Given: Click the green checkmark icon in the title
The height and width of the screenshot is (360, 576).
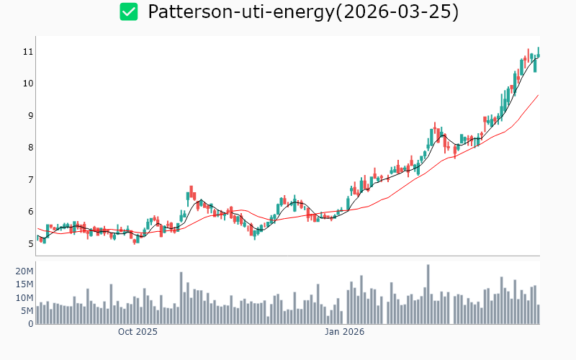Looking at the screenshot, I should (128, 12).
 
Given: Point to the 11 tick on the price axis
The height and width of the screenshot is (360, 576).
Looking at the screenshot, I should (28, 52).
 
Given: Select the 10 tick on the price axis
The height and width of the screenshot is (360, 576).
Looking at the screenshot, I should (28, 84).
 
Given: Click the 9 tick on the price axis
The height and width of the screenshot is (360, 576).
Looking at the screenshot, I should (30, 115).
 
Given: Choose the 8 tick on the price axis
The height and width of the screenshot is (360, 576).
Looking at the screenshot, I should (30, 148).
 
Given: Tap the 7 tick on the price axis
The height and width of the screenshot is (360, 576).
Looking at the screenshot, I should (30, 179).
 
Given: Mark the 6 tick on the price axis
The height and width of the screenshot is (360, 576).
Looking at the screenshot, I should (30, 212).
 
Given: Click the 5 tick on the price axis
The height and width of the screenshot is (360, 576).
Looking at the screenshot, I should (30, 243).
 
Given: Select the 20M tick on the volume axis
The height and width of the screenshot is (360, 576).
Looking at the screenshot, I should (24, 271).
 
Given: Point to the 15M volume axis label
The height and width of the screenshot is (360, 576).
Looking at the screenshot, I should (24, 284).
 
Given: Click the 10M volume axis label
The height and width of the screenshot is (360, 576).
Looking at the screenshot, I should (24, 297).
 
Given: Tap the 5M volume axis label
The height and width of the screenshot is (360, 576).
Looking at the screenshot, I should (27, 310).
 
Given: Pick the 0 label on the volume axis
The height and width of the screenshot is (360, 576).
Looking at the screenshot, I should (30, 323).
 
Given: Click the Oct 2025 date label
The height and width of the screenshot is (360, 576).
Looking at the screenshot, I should (138, 332).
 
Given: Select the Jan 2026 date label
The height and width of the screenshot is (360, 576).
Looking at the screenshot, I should (344, 332).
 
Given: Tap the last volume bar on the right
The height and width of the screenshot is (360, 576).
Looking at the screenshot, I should (538, 315).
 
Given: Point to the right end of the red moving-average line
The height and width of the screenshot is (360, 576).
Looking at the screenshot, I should (539, 95).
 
